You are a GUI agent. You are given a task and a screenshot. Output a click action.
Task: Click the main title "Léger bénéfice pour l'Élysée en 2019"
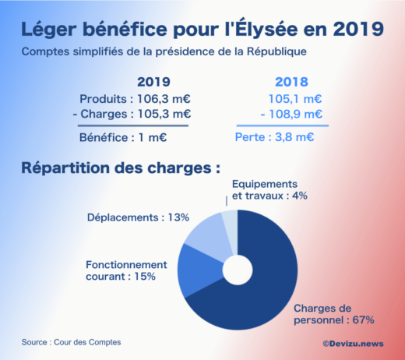coord(202,29)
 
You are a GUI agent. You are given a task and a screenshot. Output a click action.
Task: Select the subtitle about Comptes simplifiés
coord(164,52)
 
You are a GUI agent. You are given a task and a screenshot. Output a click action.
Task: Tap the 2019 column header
coord(153,82)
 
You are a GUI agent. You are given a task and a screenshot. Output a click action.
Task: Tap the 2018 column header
coord(292,82)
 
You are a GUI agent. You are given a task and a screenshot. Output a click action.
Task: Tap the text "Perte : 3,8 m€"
coord(274,138)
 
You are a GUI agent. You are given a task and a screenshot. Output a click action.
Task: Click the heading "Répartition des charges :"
coord(121,168)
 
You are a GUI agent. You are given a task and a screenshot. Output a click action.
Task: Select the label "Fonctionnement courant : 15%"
coord(126,270)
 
